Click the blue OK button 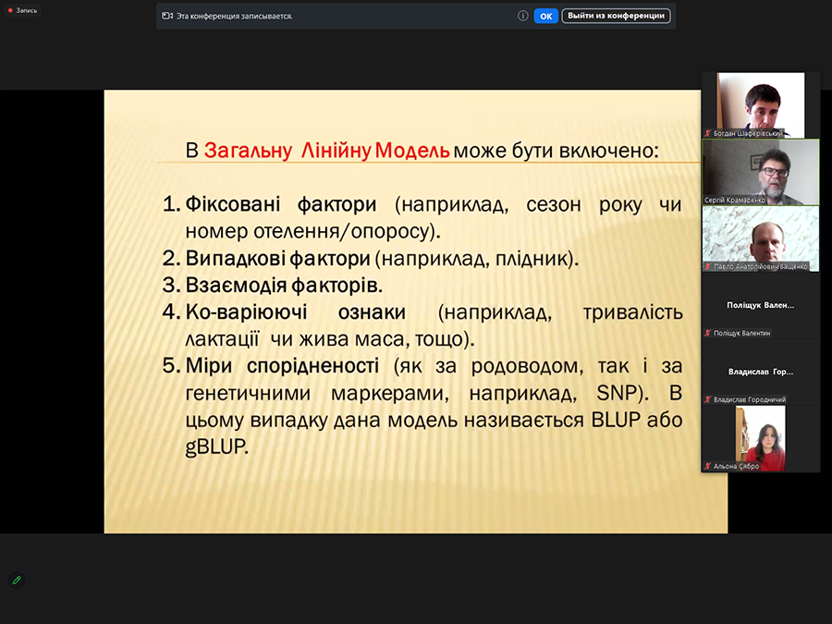pyautogui.click(x=545, y=16)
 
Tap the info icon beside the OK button pyautogui.click(x=522, y=16)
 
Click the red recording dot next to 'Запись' pyautogui.click(x=10, y=10)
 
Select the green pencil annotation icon pyautogui.click(x=17, y=580)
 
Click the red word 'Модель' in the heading pyautogui.click(x=412, y=151)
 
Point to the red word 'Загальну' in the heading pyautogui.click(x=248, y=151)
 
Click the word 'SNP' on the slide pyautogui.click(x=618, y=393)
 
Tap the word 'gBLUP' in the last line pyautogui.click(x=216, y=447)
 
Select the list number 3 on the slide pyautogui.click(x=171, y=285)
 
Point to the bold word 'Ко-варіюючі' pyautogui.click(x=246, y=312)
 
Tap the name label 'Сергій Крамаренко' pyautogui.click(x=735, y=200)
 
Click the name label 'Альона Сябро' pyautogui.click(x=737, y=467)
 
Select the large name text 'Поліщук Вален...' pyautogui.click(x=761, y=305)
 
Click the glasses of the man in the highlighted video pyautogui.click(x=775, y=172)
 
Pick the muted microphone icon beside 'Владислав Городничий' pyautogui.click(x=707, y=399)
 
